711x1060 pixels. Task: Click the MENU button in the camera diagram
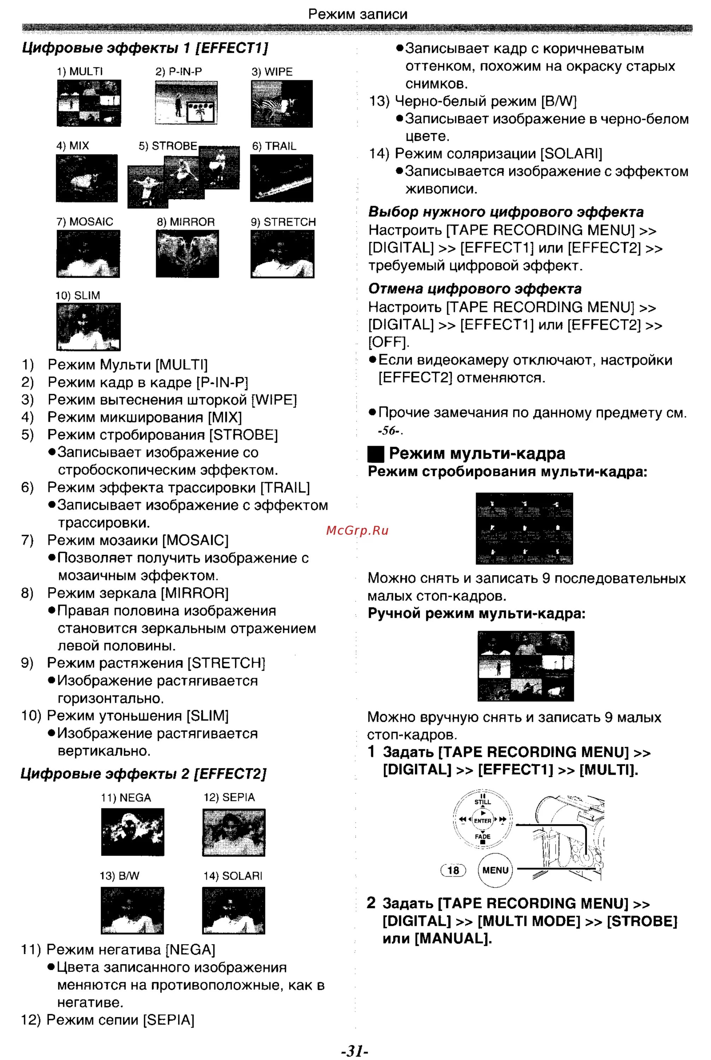pos(495,870)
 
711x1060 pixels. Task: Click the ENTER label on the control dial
pos(482,820)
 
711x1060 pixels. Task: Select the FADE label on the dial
pos(482,836)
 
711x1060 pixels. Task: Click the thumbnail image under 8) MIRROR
pos(187,254)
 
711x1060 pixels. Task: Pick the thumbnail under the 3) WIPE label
pos(282,104)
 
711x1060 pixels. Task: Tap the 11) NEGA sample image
pos(132,832)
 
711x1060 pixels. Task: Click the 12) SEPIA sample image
pos(233,832)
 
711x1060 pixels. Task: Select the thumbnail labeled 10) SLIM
pos(88,326)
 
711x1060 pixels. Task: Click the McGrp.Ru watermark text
pos(357,530)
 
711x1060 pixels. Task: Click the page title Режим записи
pos(357,14)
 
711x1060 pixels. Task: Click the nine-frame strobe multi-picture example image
pos(524,529)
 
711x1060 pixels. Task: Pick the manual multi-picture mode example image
pos(526,666)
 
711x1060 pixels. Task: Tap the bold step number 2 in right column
pos(371,903)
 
